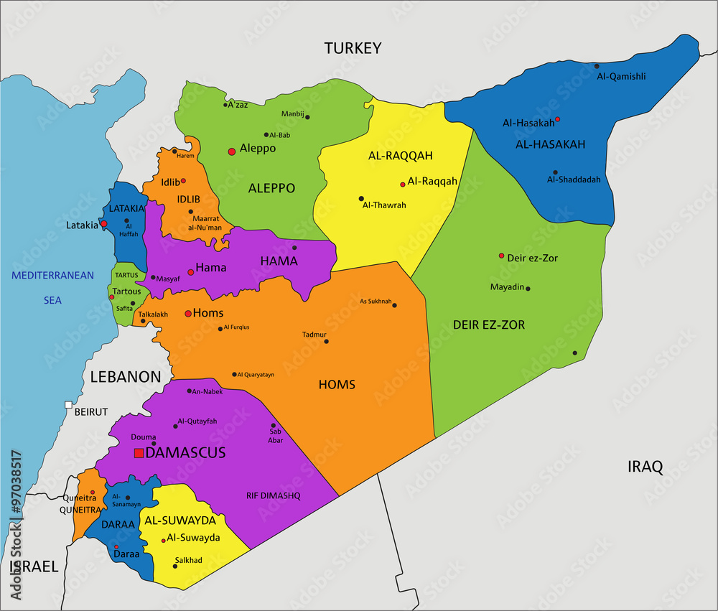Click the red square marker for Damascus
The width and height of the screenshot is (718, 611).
tap(138, 453)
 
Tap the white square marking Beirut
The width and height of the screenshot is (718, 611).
tap(68, 405)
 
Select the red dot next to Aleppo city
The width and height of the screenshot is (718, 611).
tap(231, 151)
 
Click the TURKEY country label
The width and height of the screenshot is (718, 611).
tap(352, 48)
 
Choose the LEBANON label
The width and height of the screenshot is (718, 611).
tap(126, 376)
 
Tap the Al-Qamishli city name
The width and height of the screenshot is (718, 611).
tap(620, 76)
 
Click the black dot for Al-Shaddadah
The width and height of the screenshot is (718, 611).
tap(555, 172)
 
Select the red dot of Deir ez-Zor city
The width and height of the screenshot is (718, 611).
tap(501, 256)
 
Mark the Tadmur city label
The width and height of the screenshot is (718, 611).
tap(314, 334)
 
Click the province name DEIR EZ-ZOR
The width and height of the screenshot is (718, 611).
tap(488, 325)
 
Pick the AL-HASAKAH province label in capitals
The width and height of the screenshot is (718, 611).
tap(551, 144)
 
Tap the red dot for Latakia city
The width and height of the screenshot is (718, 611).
tap(103, 223)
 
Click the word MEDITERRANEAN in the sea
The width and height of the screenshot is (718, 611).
tap(52, 275)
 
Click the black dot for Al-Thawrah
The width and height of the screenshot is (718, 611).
tap(361, 199)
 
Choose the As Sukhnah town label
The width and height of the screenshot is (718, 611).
tap(376, 302)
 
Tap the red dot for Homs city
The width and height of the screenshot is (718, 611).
tap(188, 314)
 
